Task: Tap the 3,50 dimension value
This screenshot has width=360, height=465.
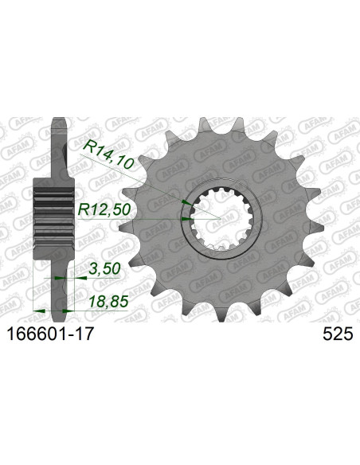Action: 104,269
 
